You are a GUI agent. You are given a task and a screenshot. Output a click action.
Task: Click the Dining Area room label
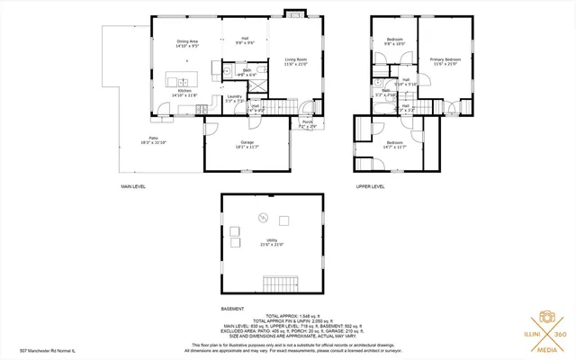[x=187, y=43]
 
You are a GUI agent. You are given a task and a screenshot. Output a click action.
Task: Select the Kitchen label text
[x=184, y=91]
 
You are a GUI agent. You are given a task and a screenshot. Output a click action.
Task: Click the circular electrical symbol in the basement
[x=264, y=216]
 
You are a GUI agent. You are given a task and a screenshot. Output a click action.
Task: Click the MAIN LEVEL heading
[x=133, y=186]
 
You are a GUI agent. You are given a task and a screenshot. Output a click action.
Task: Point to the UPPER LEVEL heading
[x=370, y=186]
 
